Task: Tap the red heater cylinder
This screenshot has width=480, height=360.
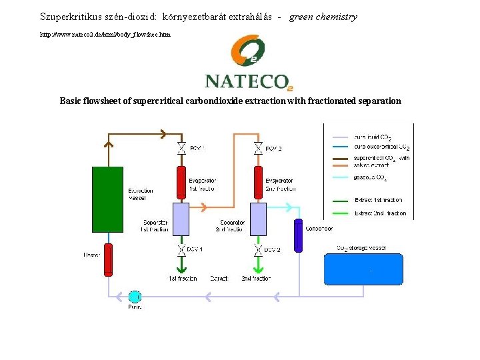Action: click(108, 259)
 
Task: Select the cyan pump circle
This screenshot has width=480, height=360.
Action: click(135, 296)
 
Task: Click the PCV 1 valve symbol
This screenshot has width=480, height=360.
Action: click(181, 148)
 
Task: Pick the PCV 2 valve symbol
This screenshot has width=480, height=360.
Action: click(257, 148)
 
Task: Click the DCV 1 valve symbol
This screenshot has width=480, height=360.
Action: click(181, 251)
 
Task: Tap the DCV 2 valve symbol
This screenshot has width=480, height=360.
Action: click(257, 251)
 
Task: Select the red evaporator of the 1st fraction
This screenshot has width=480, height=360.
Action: click(181, 183)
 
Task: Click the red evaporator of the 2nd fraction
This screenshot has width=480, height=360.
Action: click(257, 183)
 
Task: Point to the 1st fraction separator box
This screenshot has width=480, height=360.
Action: click(181, 218)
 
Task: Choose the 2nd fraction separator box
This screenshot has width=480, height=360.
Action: click(257, 218)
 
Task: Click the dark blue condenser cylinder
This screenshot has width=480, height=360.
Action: click(298, 235)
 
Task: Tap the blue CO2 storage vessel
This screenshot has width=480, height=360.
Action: click(363, 269)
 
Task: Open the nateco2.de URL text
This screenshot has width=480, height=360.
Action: click(105, 33)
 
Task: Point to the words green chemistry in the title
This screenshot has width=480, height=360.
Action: click(323, 17)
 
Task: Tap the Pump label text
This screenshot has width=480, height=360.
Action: click(135, 307)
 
